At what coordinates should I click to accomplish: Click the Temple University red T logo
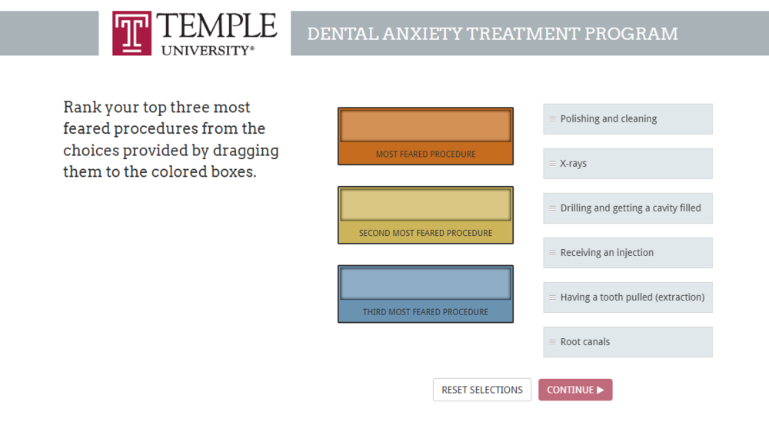[x=131, y=33]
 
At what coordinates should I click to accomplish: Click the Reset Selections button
[x=482, y=390]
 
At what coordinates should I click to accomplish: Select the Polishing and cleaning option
[x=628, y=119]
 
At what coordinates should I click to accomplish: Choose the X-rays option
[x=628, y=164]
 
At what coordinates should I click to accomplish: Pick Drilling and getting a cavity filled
[x=628, y=208]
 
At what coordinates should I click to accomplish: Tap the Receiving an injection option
[x=628, y=253]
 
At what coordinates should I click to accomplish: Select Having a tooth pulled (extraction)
[x=628, y=297]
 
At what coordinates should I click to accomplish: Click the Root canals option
[x=628, y=342]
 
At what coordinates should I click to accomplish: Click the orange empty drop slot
[x=426, y=126]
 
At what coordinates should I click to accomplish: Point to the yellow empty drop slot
[x=426, y=205]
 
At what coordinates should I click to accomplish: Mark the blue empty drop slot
[x=426, y=284]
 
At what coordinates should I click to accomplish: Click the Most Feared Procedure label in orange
[x=426, y=155]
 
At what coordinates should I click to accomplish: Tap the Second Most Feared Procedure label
[x=426, y=234]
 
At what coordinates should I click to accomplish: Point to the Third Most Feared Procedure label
[x=426, y=312]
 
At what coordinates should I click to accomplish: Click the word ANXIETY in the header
[x=422, y=34]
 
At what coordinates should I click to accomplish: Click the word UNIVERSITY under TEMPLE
[x=206, y=51]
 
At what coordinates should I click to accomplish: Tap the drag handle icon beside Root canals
[x=552, y=342]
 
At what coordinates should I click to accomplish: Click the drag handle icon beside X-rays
[x=552, y=164]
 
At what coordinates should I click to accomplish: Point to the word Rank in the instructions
[x=82, y=107]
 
